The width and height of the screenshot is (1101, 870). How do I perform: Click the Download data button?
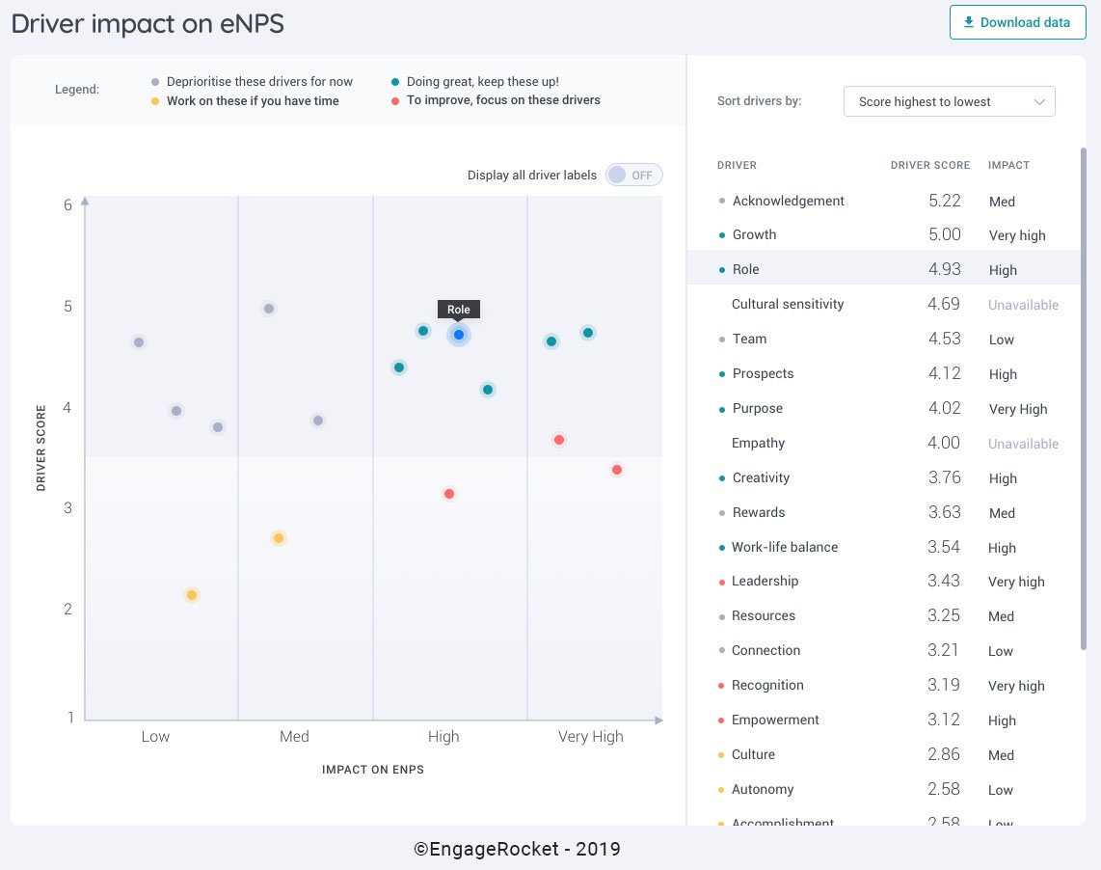coord(1017,22)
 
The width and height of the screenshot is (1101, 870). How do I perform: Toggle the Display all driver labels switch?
coord(633,175)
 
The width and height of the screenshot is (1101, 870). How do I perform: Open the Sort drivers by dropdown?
coord(949,101)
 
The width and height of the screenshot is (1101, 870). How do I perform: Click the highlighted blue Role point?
coord(459,335)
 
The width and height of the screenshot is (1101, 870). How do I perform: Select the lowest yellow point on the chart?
coord(192,595)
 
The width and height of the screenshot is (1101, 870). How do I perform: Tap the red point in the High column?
coord(449,494)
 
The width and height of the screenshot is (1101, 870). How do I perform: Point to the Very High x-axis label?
coord(590,736)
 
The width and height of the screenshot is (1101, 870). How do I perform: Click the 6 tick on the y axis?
coord(68,204)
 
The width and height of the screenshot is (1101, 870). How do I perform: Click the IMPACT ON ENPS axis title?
coord(373,770)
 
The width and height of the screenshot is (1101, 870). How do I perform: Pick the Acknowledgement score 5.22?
coord(944,201)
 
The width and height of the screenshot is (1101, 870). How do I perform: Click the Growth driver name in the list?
coord(754,234)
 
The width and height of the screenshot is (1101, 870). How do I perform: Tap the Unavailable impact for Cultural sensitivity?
coord(1023,305)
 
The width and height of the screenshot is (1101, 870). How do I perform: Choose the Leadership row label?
coord(765,581)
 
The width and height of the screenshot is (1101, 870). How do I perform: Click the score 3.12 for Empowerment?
coord(944,720)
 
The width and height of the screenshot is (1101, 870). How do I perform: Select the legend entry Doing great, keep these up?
coord(482,82)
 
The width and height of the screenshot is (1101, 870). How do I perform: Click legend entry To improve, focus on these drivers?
coord(502,99)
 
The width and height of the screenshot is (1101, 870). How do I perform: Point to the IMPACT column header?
coord(1008,165)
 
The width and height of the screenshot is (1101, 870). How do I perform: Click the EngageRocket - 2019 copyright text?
coord(517,849)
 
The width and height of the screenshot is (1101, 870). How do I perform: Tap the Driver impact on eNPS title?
coord(148,24)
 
